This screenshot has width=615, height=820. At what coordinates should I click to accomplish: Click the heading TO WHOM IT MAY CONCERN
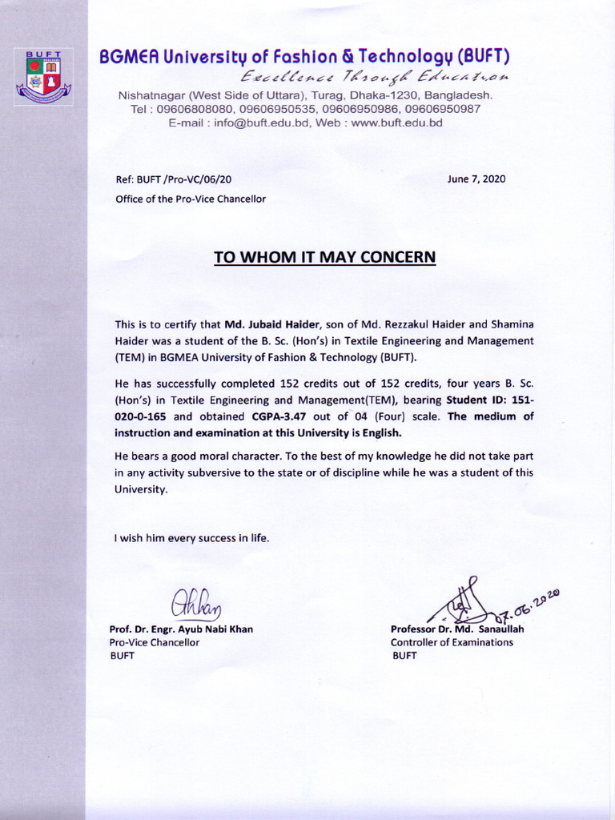coord(324,257)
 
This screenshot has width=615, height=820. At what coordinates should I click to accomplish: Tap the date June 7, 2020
coord(476,179)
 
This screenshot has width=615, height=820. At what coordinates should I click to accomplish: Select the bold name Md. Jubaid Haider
coord(272,324)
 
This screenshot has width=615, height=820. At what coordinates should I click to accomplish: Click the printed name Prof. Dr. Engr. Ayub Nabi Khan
coord(181,629)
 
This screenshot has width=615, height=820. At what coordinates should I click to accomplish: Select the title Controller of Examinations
coord(452,642)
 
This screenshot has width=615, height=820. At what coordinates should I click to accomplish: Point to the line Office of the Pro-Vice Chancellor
coord(191,199)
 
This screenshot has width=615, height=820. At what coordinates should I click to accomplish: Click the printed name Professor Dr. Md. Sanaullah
coord(456,629)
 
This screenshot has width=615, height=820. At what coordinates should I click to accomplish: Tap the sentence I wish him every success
coord(191,538)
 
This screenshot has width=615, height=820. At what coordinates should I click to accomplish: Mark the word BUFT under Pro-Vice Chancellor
coord(122,656)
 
